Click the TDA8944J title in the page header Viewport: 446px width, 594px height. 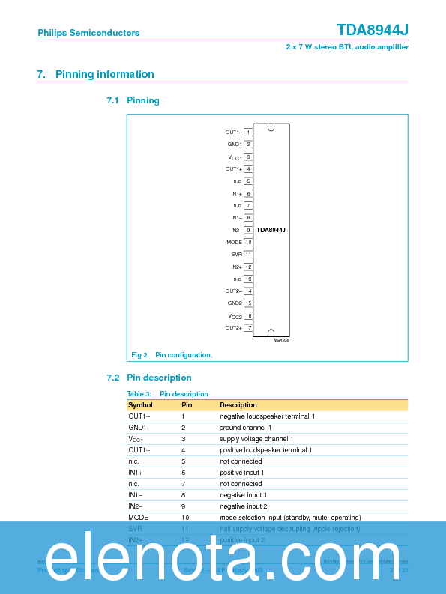(372, 30)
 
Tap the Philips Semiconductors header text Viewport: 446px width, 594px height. (88, 33)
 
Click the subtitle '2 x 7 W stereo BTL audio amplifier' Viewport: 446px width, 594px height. (347, 46)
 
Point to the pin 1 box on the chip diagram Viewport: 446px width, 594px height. (247, 132)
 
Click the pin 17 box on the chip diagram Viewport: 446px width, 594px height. (247, 328)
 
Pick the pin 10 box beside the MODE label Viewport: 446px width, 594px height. (247, 243)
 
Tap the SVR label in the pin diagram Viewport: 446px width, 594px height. (236, 255)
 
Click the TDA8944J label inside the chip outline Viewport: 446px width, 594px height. (271, 231)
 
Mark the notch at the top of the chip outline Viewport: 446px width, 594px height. (271, 127)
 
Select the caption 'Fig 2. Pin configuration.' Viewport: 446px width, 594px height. (172, 354)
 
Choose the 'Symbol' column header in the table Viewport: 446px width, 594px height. (140, 405)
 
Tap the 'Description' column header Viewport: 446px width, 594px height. (238, 405)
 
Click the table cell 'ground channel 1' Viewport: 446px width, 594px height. (246, 428)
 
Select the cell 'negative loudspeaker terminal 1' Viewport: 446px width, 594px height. (267, 416)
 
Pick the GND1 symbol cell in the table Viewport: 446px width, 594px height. (137, 428)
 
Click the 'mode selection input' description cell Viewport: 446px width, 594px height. (290, 518)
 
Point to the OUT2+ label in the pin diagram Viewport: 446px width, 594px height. (233, 328)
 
